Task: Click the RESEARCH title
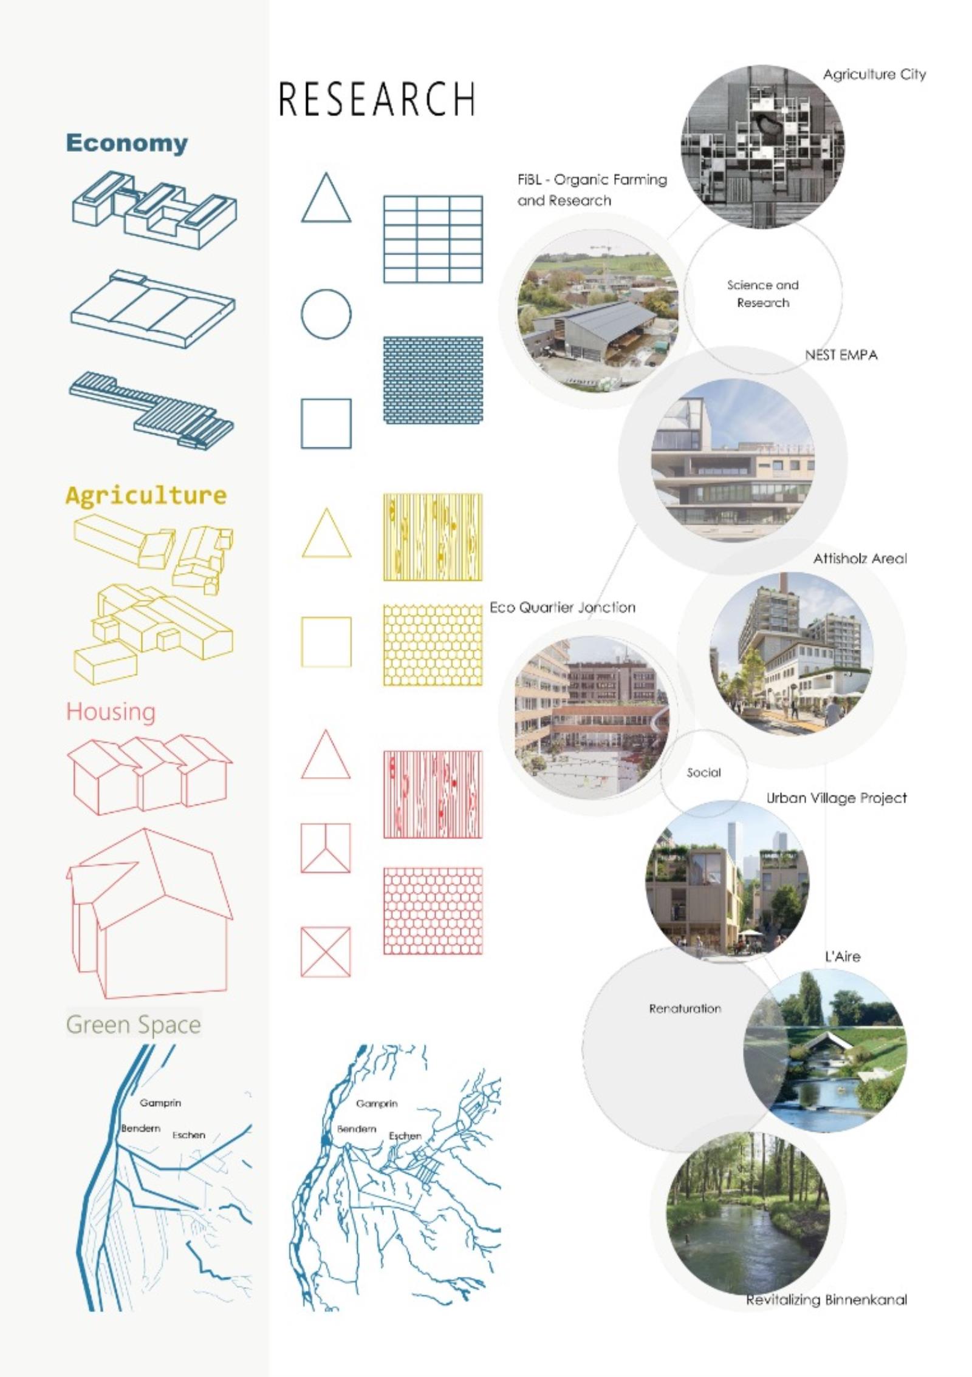pos(377,99)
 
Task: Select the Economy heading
pos(127,143)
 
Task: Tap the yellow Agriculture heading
pos(146,495)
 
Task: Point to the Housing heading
pos(111,712)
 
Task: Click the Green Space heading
pos(133,1024)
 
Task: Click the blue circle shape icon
pos(326,314)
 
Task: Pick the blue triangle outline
pos(326,198)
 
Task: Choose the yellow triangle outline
pos(326,534)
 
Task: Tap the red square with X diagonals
pos(326,952)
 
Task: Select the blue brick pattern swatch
pos(433,380)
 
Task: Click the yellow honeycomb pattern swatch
pos(433,645)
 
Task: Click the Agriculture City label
pos(874,75)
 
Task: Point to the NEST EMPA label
pos(841,355)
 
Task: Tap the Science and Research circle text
pos(763,294)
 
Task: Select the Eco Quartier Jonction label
pos(563,608)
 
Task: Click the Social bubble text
pos(703,773)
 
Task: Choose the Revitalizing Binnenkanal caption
pos(827,1300)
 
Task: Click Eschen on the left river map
pos(189,1135)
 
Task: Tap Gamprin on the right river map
pos(377,1103)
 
